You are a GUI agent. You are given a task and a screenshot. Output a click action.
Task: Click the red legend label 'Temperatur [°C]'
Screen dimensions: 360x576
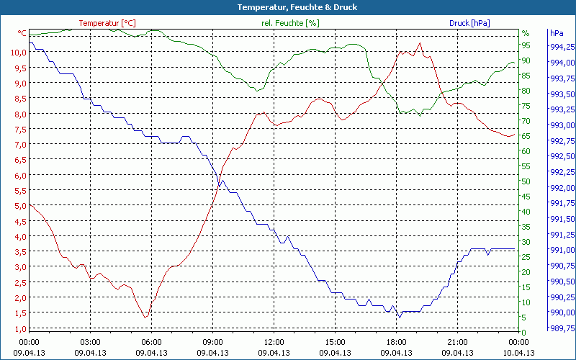107,23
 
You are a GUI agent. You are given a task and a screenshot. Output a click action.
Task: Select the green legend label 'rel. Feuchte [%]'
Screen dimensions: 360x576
290,23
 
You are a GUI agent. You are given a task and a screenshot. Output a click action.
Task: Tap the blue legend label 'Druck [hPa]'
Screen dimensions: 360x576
469,23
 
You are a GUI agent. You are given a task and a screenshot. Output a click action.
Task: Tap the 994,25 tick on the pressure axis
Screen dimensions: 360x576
562,47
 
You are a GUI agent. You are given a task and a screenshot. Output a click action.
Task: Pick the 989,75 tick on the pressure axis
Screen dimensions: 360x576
562,328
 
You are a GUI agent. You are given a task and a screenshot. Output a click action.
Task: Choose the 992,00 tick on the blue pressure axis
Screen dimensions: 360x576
562,188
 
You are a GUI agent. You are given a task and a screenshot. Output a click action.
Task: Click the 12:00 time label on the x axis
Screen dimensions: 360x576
274,342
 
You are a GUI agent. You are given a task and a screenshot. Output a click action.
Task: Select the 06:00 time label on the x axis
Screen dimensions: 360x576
152,342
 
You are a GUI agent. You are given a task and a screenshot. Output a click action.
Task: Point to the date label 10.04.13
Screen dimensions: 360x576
519,353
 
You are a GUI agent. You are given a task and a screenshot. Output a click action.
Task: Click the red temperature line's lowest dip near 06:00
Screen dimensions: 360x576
145,318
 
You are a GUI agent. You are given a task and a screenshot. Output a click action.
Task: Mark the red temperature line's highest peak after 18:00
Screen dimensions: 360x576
420,43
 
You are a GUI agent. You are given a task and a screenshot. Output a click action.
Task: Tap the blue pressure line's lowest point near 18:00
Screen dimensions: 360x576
398,317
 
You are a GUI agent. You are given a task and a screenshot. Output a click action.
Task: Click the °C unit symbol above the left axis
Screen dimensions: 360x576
22,33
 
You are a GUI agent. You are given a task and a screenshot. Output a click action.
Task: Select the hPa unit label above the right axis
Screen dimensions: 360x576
557,33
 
